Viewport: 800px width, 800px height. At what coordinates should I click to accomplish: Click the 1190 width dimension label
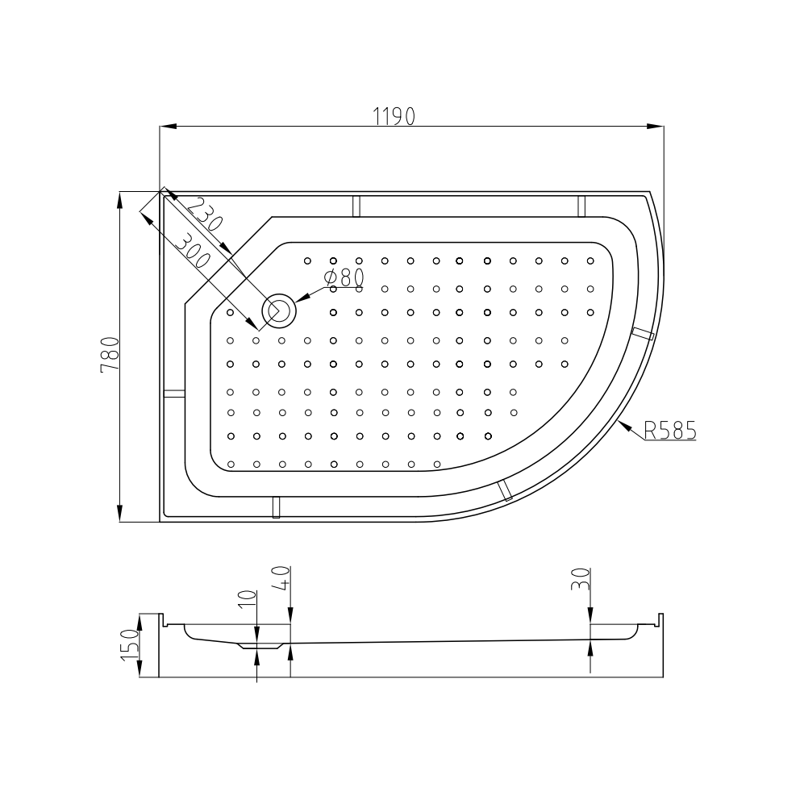[x=394, y=117]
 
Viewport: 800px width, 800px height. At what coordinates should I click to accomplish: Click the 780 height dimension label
[x=110, y=355]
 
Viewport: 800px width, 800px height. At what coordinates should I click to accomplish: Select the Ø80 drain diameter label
[x=344, y=277]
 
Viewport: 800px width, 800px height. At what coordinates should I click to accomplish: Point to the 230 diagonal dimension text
[x=205, y=215]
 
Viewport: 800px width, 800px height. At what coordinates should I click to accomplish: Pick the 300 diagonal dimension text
[x=193, y=251]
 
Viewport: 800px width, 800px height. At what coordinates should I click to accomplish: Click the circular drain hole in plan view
[x=278, y=310]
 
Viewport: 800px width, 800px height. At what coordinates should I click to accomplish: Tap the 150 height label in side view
[x=130, y=645]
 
